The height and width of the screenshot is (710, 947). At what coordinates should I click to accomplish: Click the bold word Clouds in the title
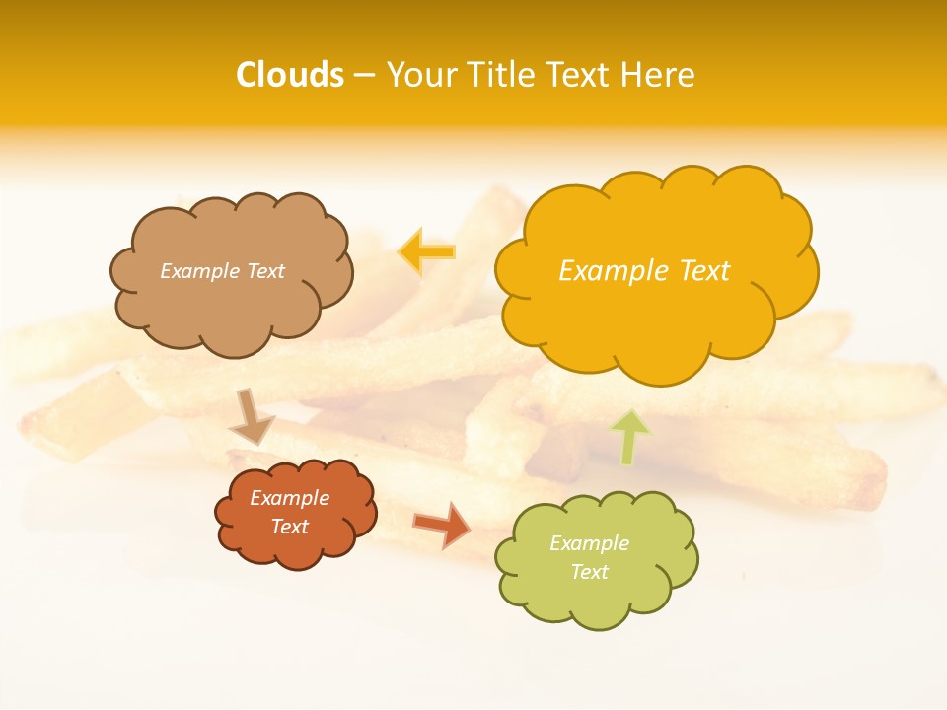(x=290, y=75)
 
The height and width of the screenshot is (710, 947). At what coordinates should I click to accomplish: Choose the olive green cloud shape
(x=596, y=592)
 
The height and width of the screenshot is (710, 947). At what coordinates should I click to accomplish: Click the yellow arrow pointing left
(x=426, y=251)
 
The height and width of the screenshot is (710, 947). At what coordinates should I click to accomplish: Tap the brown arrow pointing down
(x=252, y=416)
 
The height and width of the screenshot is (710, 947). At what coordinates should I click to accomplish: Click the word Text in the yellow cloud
(x=704, y=271)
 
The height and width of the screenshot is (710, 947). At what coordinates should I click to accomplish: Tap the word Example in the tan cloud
(x=199, y=271)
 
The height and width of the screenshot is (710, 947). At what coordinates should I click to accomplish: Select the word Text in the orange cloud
(x=290, y=527)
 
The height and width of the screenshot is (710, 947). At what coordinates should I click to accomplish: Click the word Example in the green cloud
(x=589, y=543)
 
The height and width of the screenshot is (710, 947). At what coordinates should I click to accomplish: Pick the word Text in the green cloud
(x=589, y=572)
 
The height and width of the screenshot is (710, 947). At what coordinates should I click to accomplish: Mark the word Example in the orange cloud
(x=290, y=498)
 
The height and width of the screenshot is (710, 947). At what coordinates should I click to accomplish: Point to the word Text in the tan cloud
(x=264, y=271)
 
